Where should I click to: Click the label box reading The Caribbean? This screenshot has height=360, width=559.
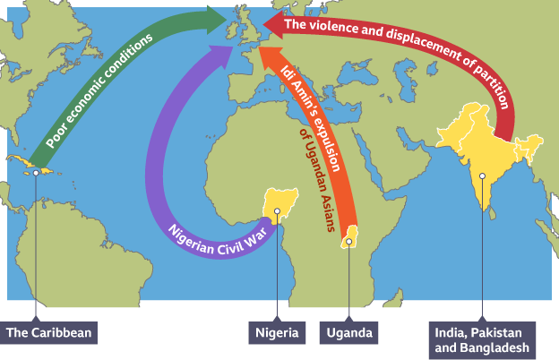(48, 333)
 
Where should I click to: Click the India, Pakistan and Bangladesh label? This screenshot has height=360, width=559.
(480, 339)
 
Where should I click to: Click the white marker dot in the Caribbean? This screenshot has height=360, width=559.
(37, 172)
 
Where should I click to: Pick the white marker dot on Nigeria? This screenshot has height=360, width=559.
(278, 212)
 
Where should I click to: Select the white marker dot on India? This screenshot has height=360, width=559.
(481, 176)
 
